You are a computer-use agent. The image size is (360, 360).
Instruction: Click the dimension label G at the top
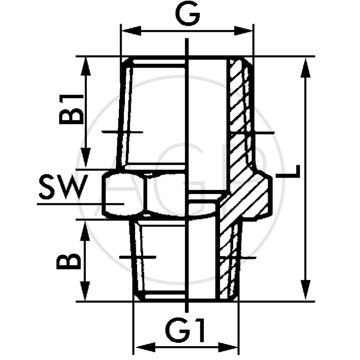(187, 17)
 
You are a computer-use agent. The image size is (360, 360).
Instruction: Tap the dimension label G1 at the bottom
(187, 332)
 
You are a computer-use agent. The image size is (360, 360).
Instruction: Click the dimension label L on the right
(293, 173)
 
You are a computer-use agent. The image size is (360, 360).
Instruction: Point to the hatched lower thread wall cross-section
(229, 261)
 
